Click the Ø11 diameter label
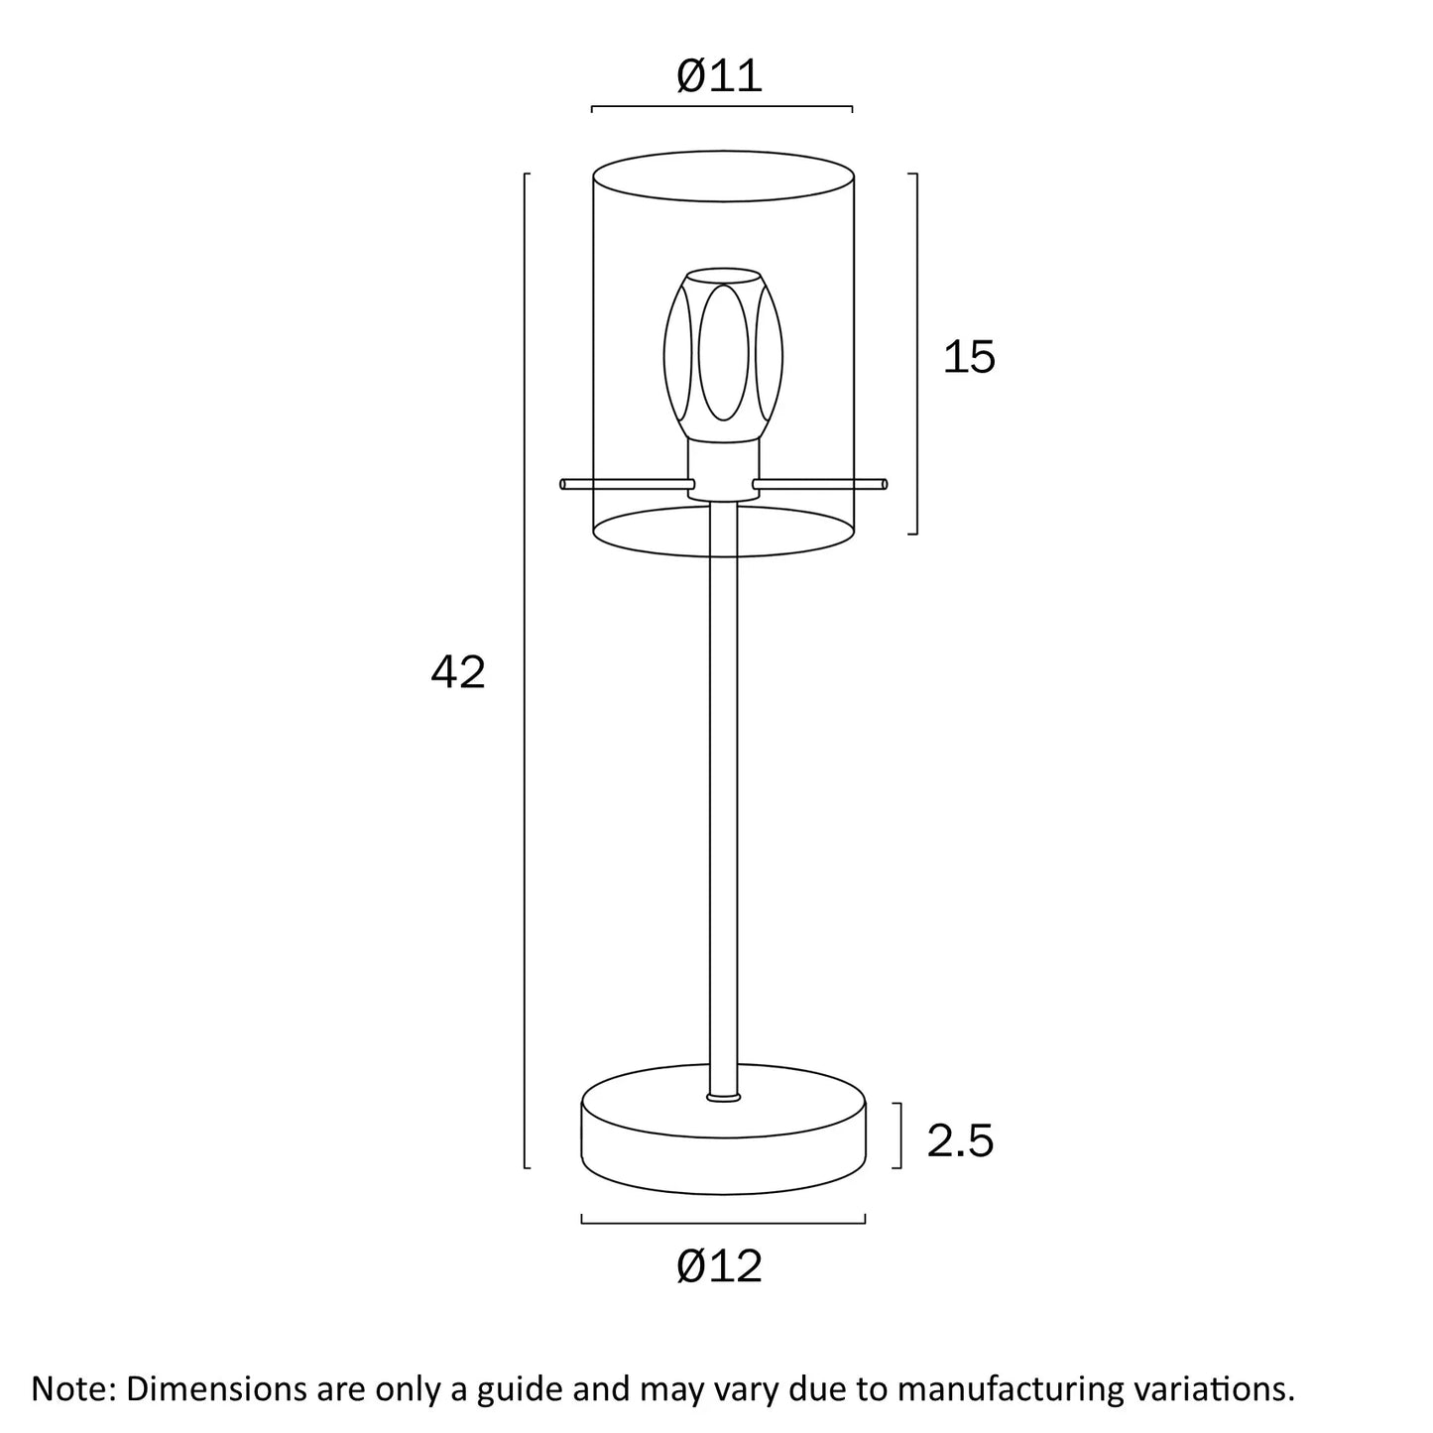pyautogui.click(x=720, y=76)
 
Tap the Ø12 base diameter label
pyautogui.click(x=720, y=1266)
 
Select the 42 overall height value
pyautogui.click(x=458, y=673)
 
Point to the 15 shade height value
pyautogui.click(x=968, y=357)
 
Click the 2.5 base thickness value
pyautogui.click(x=960, y=1140)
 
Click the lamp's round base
pyautogui.click(x=723, y=1140)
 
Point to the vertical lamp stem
pyautogui.click(x=723, y=793)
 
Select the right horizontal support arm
pyautogui.click(x=819, y=484)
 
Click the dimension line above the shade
pyautogui.click(x=722, y=106)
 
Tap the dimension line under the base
pyautogui.click(x=723, y=1219)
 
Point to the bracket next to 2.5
pyautogui.click(x=899, y=1135)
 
